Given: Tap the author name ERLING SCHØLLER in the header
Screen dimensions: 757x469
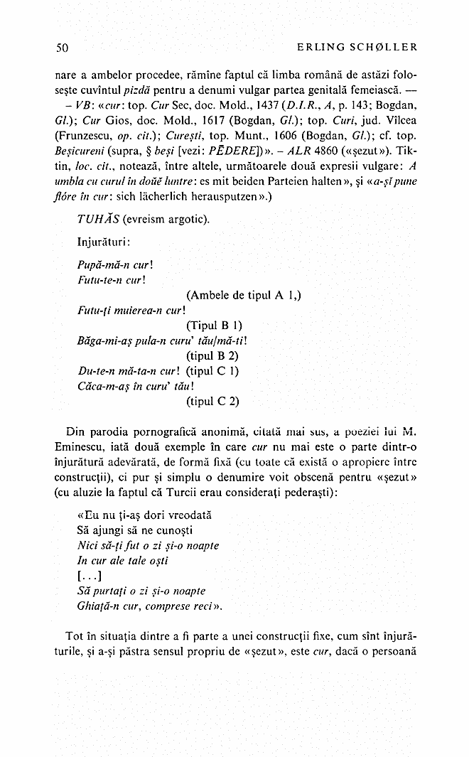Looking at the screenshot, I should click(355, 48).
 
